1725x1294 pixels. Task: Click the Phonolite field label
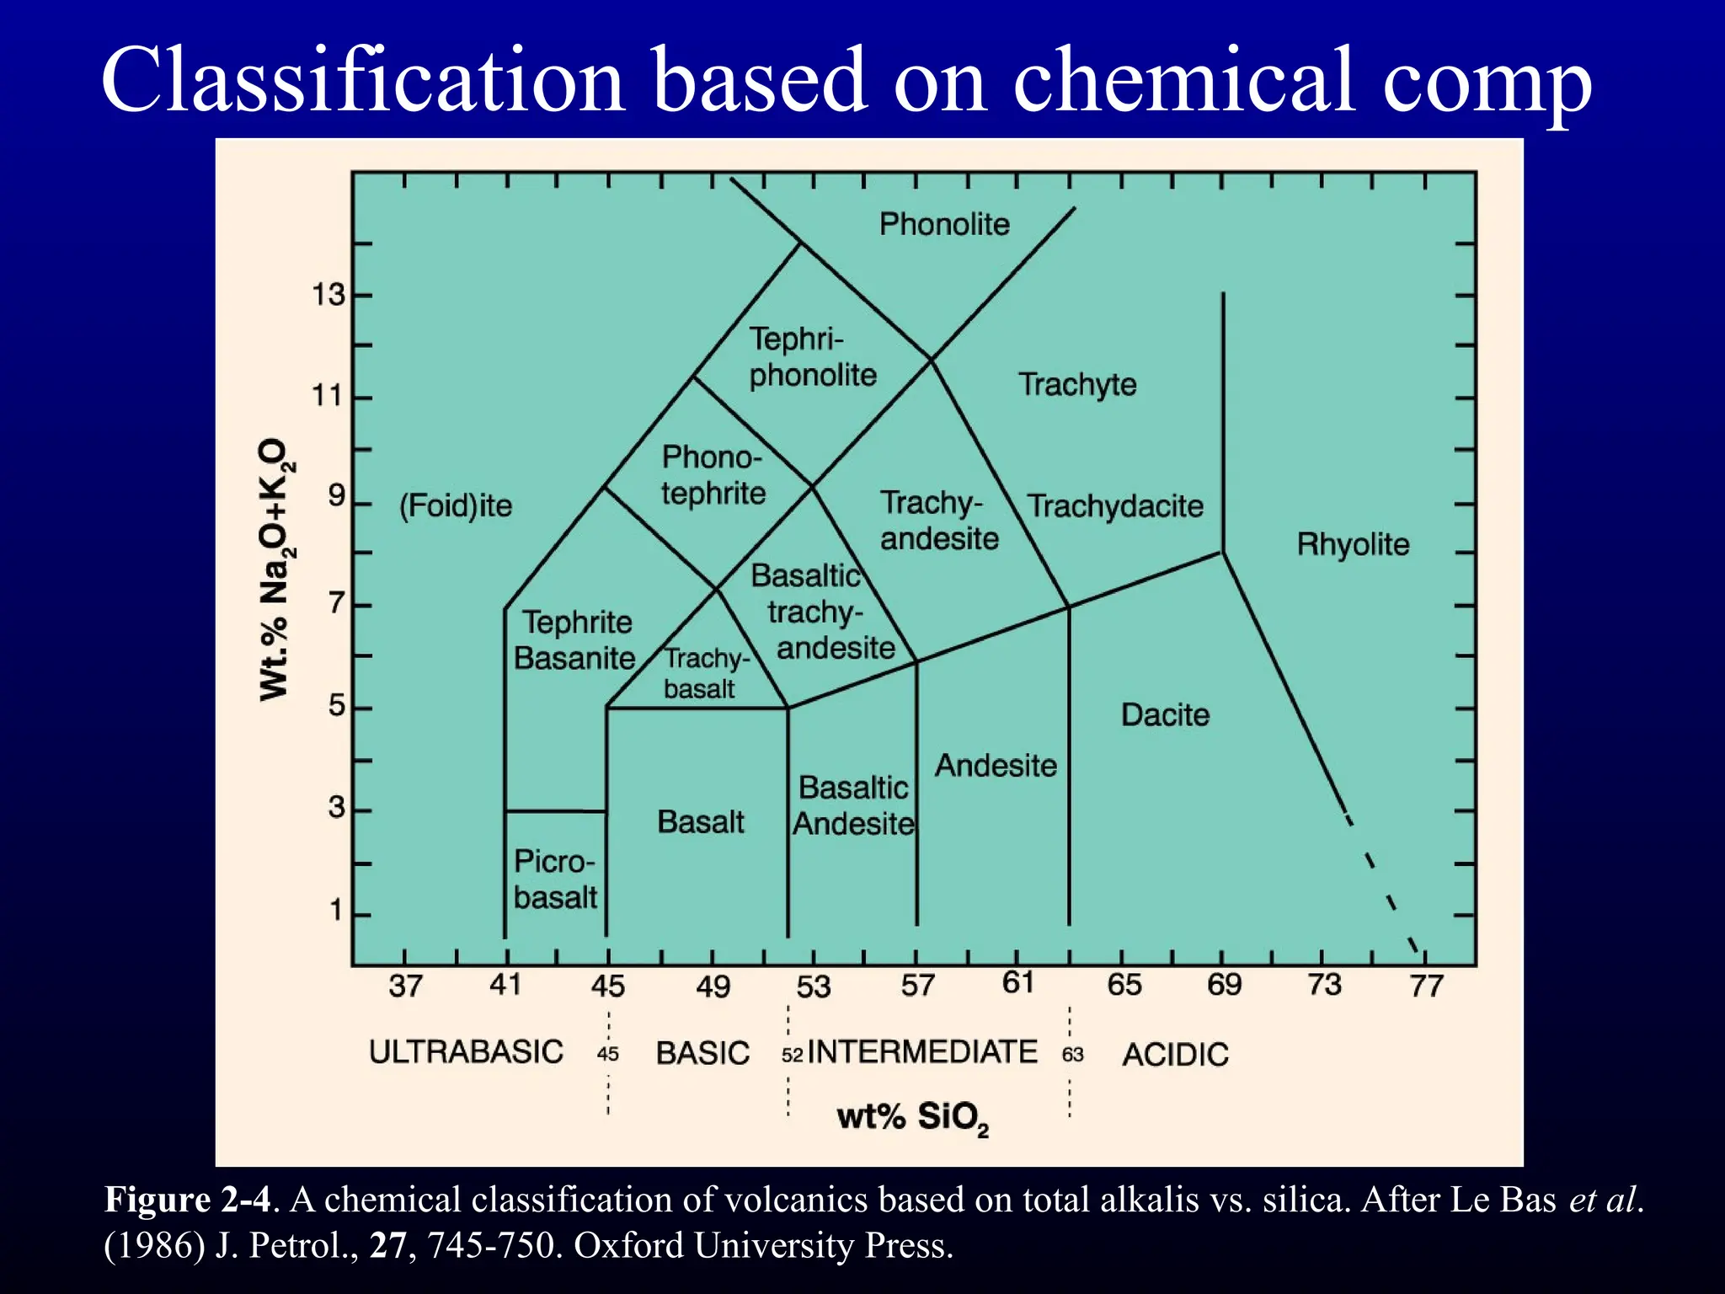[944, 224]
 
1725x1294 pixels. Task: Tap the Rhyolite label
[1353, 544]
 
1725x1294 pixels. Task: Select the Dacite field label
[1165, 715]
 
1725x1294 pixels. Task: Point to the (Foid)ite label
[456, 505]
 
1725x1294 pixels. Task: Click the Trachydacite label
[1115, 506]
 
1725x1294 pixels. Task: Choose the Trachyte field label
[1077, 384]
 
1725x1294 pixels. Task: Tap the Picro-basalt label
[555, 880]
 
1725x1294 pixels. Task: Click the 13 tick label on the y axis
[328, 295]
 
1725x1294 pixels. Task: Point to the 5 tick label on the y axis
[337, 705]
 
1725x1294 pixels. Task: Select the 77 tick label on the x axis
[1426, 986]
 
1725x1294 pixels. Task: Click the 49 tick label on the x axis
[713, 987]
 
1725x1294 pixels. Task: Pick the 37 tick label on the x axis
[405, 986]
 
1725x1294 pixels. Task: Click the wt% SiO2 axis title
[912, 1118]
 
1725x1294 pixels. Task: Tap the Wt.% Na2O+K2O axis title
[275, 569]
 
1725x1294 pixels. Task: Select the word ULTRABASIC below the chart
[466, 1052]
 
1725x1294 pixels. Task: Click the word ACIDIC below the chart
[1175, 1055]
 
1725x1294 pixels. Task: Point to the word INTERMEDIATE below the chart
[922, 1052]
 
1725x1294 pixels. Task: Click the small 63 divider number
[1072, 1055]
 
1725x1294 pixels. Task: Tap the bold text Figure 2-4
[187, 1200]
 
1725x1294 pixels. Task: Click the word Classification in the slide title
[362, 80]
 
